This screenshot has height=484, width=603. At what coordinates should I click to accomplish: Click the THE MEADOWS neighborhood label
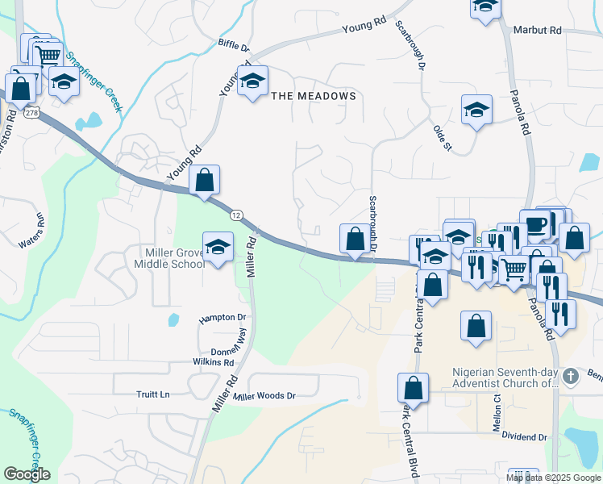(x=314, y=96)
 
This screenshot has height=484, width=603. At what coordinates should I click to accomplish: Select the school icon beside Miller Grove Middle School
(x=217, y=248)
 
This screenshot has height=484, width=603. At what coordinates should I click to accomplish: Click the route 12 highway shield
(x=236, y=215)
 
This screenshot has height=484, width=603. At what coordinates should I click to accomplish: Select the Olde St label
(x=443, y=137)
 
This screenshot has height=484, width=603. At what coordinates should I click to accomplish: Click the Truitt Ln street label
(x=153, y=394)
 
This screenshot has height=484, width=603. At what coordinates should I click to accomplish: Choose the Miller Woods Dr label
(x=264, y=396)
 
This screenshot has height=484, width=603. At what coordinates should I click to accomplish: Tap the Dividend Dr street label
(x=524, y=437)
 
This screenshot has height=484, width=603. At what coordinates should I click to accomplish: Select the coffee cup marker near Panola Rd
(x=534, y=223)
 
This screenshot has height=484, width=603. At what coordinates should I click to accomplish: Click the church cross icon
(x=570, y=376)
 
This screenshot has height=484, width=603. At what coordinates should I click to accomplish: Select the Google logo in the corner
(x=27, y=474)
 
